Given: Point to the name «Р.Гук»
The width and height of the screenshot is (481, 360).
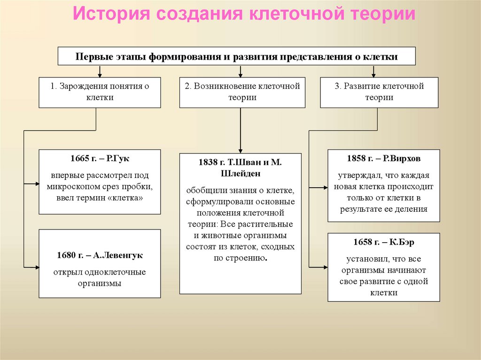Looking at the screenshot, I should point(118,159).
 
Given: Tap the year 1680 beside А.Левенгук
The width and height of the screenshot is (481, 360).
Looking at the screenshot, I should point(65,255).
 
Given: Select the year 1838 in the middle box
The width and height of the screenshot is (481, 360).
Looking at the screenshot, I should point(209,162).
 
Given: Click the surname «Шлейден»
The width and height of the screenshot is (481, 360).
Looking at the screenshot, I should point(240,173).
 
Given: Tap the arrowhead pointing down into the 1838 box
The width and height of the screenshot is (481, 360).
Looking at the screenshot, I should point(240,151).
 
